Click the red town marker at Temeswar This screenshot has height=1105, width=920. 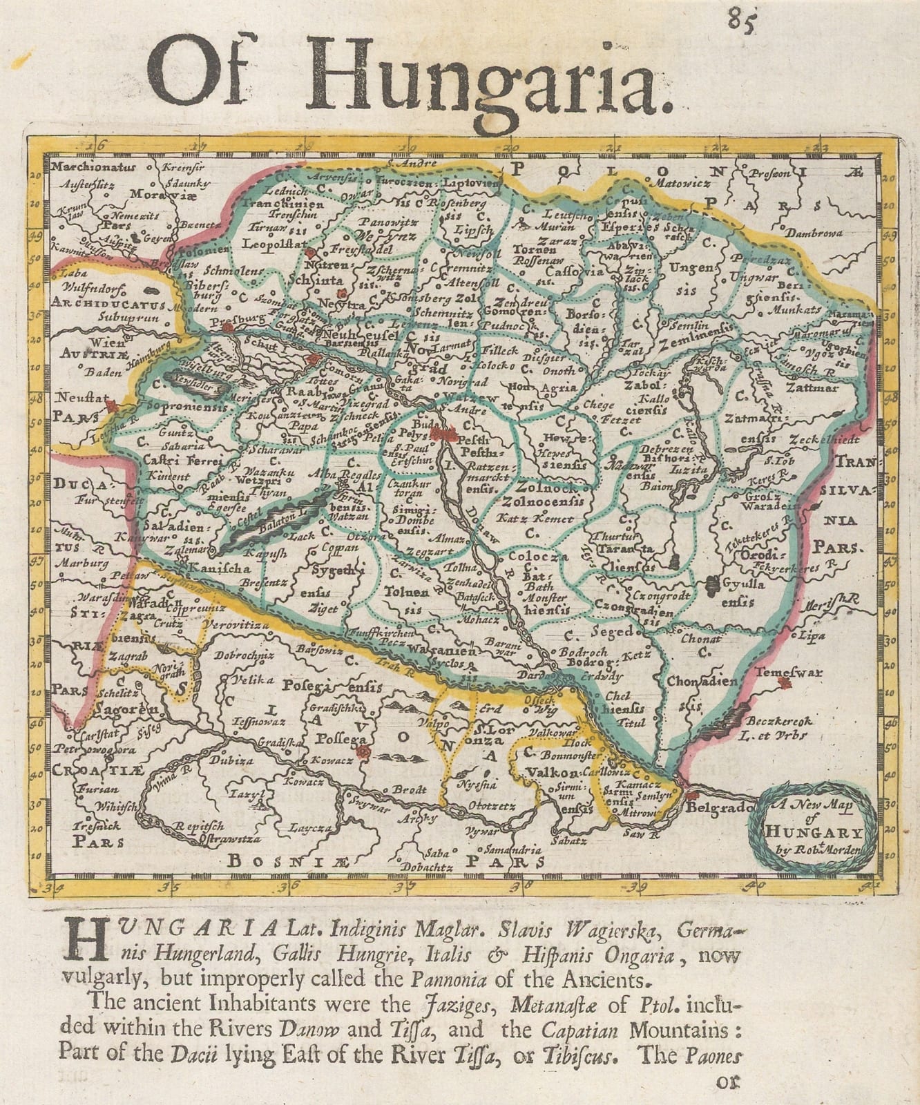click(x=783, y=683)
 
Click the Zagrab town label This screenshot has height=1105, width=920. click(x=126, y=657)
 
